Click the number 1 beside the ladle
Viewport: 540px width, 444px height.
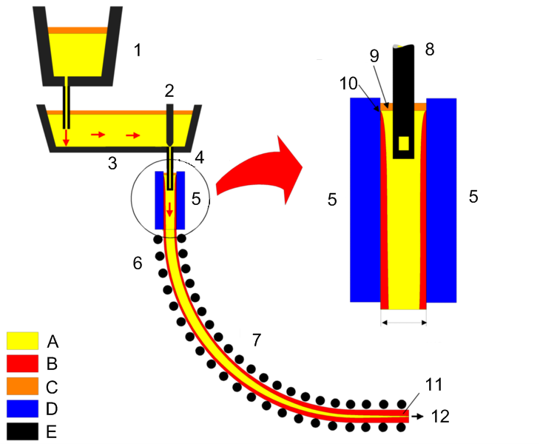[x=138, y=50]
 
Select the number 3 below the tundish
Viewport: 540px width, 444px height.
[x=112, y=163]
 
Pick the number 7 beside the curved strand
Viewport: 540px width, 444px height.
[x=257, y=340]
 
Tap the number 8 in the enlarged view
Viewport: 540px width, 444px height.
[x=430, y=50]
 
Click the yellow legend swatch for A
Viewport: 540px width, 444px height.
[x=22, y=340]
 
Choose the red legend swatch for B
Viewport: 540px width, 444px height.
[x=22, y=363]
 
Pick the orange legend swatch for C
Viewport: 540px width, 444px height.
[x=22, y=386]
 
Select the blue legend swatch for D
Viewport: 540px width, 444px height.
[x=22, y=408]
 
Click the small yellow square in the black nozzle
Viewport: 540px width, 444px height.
[x=403, y=143]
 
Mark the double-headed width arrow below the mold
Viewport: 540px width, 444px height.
[x=403, y=322]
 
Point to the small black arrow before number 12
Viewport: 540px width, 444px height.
[x=417, y=417]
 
